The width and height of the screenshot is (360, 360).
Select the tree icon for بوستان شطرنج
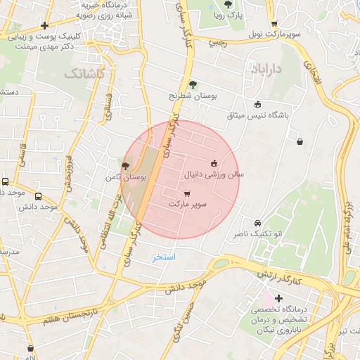[193, 85]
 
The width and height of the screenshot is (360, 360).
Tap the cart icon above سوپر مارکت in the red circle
[186, 194]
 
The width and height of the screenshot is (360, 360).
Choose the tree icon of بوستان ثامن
[125, 167]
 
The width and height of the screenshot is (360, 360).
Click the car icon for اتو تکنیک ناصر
[257, 223]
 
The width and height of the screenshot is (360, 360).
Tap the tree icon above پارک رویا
[229, 5]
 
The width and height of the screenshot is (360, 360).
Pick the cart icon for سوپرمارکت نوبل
[274, 24]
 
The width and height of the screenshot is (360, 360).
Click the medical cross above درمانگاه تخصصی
[278, 298]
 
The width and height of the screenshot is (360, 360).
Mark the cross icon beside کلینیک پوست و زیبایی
[44, 25]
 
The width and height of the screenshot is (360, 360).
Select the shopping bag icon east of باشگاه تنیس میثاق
[300, 142]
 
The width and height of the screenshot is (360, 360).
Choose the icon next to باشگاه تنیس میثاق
[257, 104]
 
